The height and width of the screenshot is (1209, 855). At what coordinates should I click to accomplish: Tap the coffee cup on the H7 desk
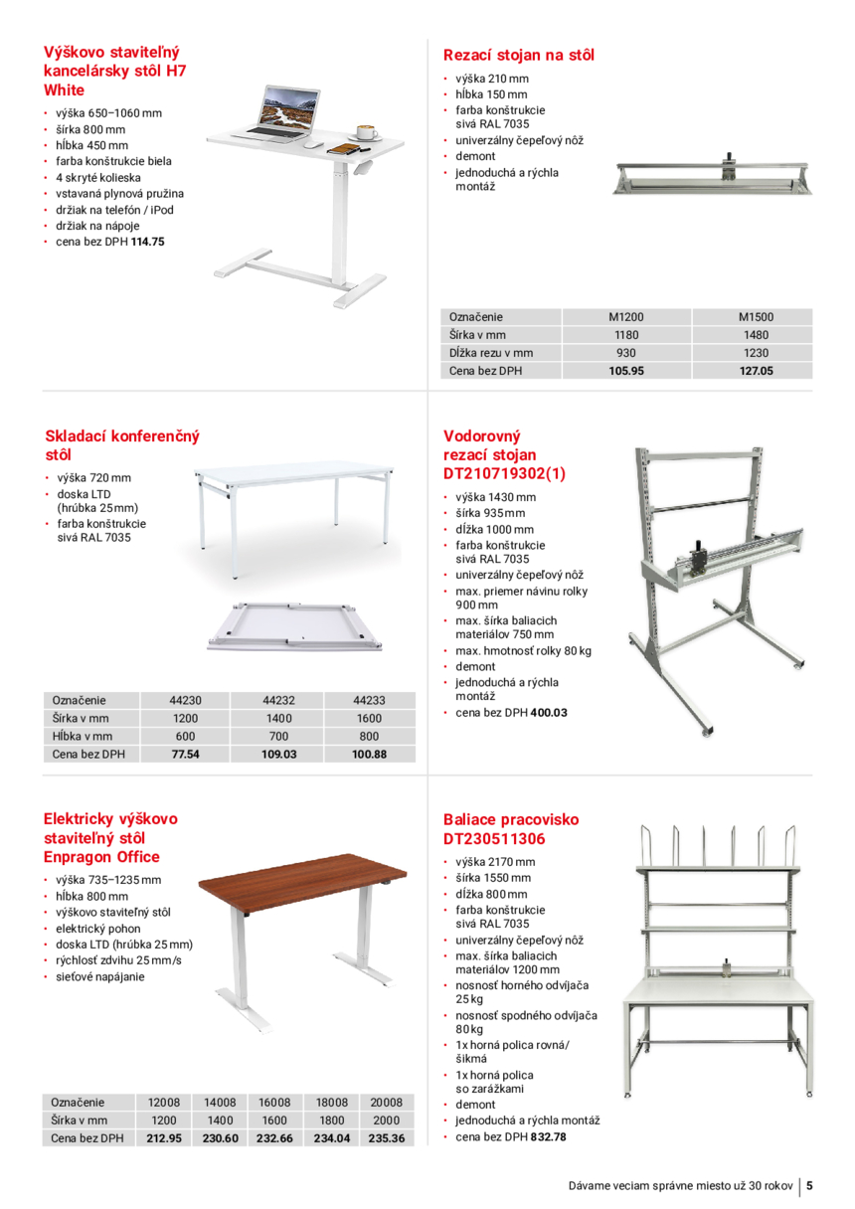click(365, 132)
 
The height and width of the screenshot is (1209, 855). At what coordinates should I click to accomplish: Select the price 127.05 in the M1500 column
click(756, 371)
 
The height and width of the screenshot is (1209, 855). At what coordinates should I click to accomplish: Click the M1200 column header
click(626, 317)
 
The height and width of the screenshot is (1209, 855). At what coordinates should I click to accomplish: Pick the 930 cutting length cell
click(626, 353)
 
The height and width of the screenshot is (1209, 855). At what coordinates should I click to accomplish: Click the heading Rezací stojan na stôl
click(518, 55)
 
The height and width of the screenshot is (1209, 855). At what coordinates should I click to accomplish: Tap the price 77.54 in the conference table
click(186, 755)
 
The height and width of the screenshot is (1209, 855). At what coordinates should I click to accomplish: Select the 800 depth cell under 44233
click(369, 737)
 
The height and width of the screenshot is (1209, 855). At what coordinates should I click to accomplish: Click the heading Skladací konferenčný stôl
click(122, 444)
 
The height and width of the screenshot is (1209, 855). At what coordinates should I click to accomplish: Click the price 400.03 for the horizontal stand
click(549, 713)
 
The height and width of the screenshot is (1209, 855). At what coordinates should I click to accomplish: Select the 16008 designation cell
click(274, 1103)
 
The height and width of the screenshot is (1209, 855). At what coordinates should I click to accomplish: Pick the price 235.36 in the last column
click(386, 1138)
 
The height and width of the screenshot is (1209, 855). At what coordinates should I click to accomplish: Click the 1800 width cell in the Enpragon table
click(330, 1121)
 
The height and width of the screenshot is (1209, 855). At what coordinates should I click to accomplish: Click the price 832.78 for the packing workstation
click(549, 1136)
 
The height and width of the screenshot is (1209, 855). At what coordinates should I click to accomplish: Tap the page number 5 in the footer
click(810, 1185)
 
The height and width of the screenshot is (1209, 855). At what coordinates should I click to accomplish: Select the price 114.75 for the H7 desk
click(147, 242)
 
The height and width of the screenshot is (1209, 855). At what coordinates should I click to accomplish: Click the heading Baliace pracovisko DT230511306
click(510, 829)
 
